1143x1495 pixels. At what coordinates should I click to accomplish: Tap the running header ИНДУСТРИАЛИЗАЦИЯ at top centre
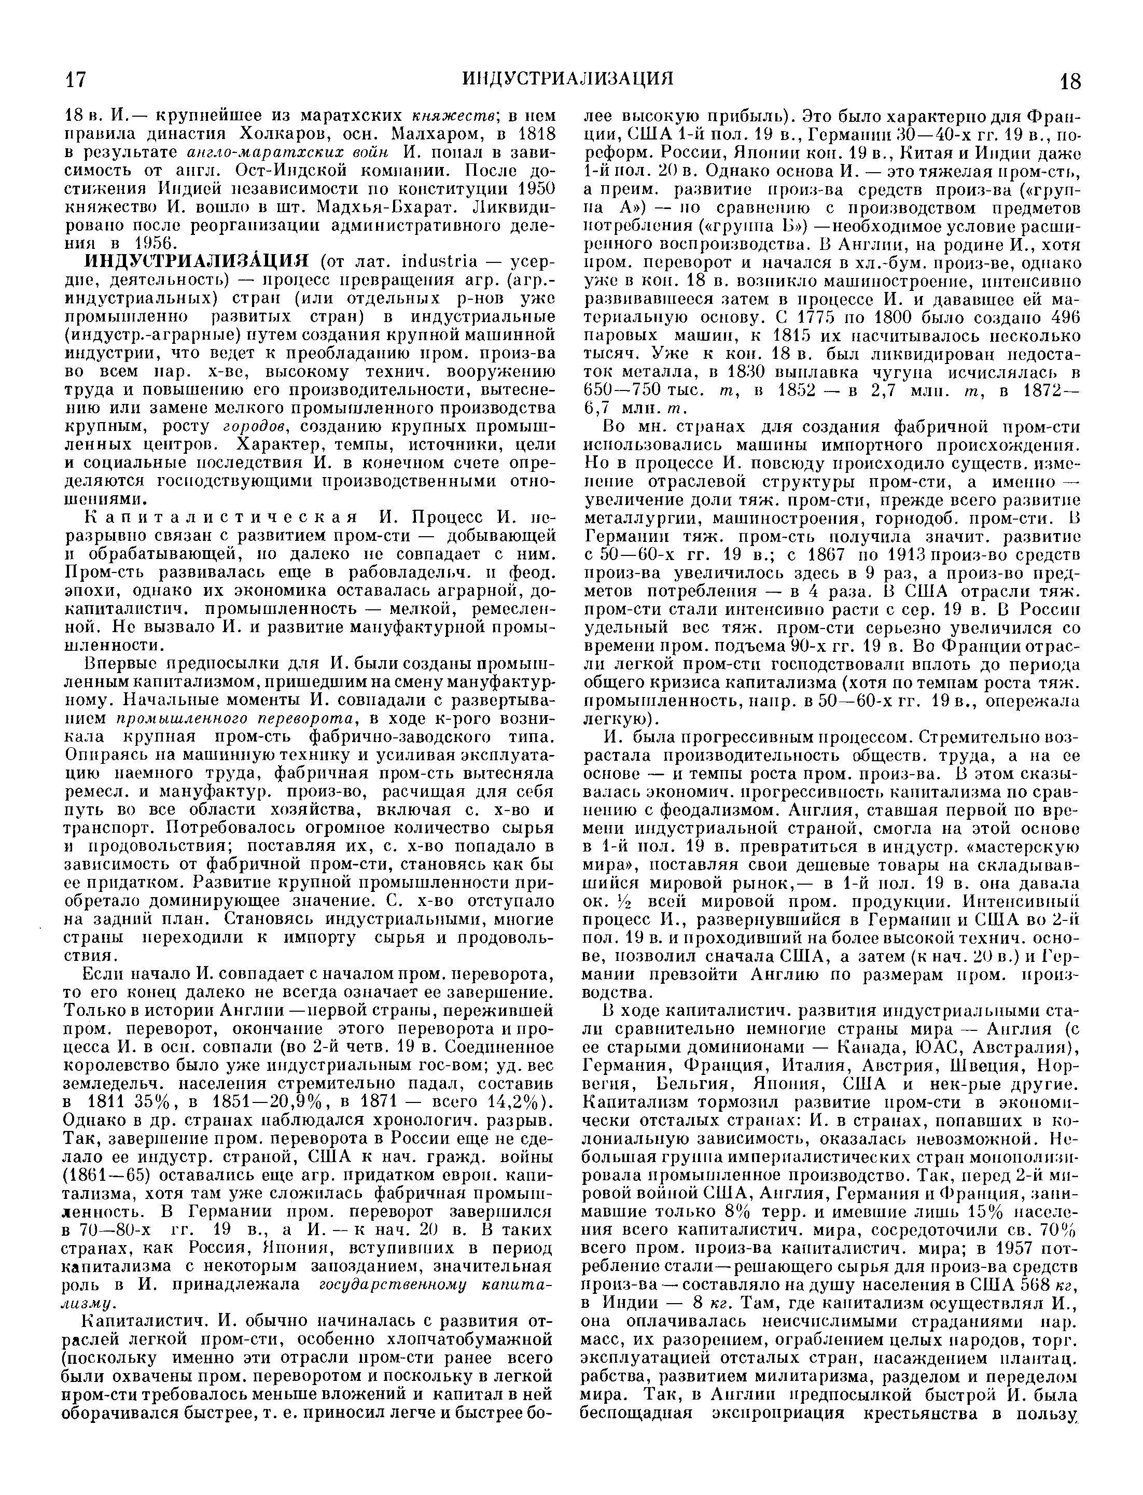568,78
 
